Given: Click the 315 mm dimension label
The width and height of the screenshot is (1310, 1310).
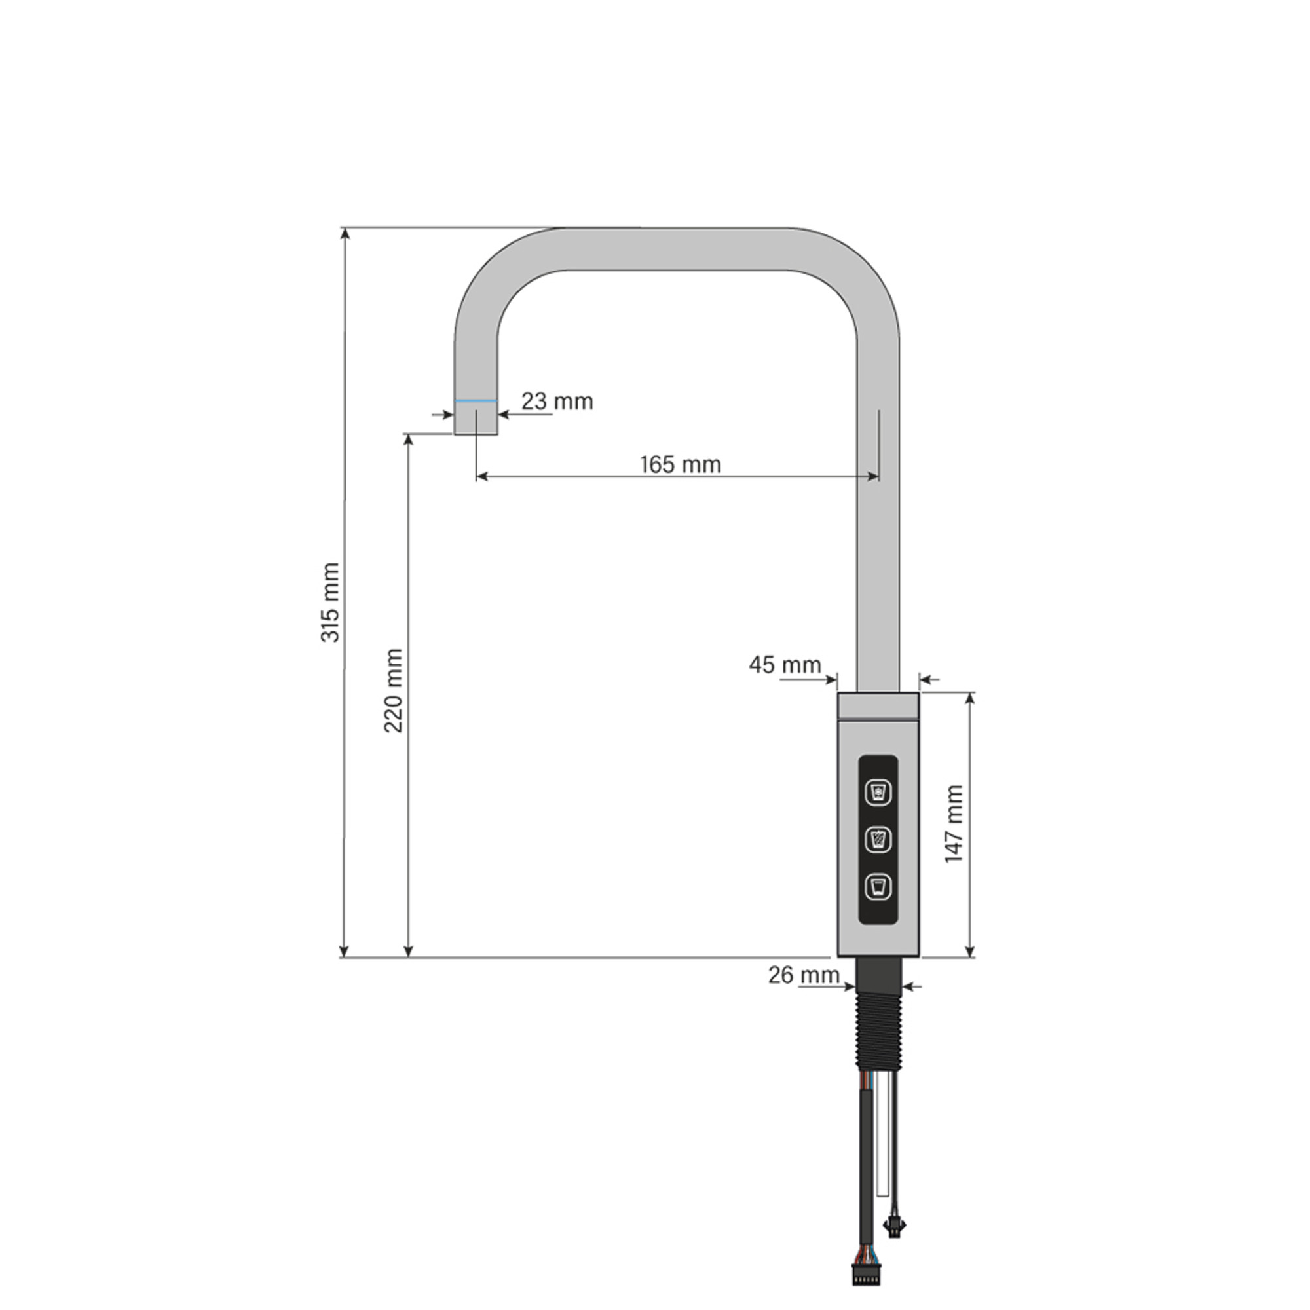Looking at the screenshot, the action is (330, 602).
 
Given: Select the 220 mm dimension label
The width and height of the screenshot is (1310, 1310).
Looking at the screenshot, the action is (394, 690).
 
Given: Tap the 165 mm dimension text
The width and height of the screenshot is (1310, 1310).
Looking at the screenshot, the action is (681, 464).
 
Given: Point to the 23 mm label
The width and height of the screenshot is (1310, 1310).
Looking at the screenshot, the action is (557, 402).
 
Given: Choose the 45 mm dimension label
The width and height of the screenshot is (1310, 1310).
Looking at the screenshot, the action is (785, 664).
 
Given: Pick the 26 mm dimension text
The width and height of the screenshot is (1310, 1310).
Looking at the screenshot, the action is (804, 975).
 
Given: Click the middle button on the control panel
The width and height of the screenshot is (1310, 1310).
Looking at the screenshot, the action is (879, 840).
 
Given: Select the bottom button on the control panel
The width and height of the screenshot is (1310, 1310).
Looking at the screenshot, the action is (879, 888).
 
